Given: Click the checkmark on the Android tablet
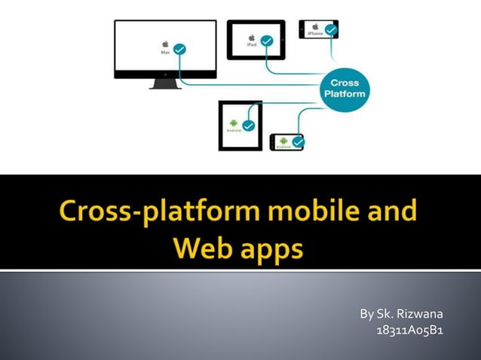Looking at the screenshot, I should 248,125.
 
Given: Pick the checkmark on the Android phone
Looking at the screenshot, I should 299,141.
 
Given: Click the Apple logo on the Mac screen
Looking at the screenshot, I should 165,44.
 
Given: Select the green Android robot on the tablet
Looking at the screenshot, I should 234,121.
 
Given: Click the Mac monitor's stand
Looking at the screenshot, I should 164,83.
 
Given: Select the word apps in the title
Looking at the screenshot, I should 274,249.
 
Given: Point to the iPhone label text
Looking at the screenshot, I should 314,33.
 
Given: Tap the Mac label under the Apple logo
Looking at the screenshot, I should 165,53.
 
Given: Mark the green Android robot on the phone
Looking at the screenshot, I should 283,139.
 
